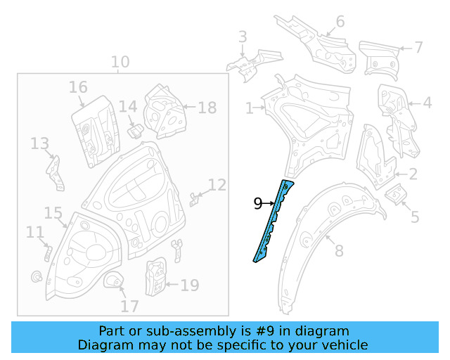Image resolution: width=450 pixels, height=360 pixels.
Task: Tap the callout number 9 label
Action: tap(257, 204)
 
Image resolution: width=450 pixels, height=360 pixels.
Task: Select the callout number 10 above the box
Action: tap(120, 62)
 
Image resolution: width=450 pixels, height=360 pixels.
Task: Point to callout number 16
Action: tap(78, 87)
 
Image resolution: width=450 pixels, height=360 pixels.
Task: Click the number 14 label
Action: tap(127, 106)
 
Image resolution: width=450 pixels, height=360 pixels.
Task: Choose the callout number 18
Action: tap(207, 108)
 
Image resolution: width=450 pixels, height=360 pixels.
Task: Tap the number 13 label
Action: tap(39, 143)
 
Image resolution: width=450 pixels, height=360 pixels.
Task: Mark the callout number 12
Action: tap(217, 185)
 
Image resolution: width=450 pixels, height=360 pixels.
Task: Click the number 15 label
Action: tap(53, 212)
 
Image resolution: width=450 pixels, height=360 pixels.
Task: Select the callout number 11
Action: tap(34, 232)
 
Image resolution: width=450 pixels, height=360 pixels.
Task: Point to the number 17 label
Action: tap(129, 307)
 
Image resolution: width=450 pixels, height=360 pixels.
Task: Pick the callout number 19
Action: tap(190, 285)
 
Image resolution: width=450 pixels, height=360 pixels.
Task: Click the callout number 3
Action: tap(242, 37)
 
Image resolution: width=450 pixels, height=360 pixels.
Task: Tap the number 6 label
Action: tap(340, 21)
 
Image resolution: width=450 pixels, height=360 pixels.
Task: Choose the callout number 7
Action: tap(418, 47)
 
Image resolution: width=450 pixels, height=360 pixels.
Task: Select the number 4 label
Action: tap(427, 103)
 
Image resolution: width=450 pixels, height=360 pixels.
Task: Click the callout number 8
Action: tap(338, 250)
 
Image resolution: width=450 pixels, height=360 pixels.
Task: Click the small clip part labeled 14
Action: tap(134, 130)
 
